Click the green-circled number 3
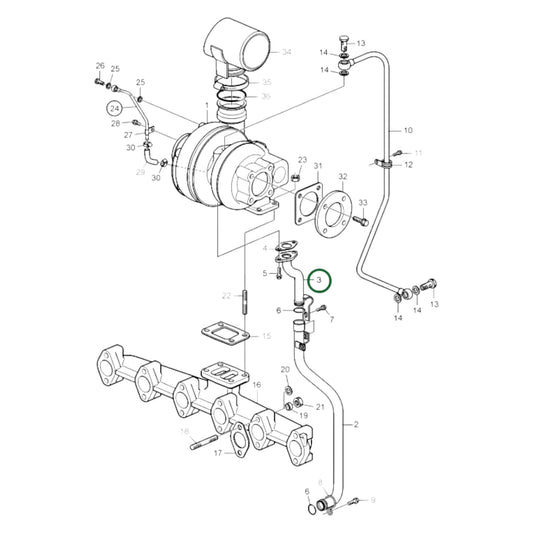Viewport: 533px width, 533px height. (x=319, y=281)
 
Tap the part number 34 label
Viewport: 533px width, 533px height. (x=286, y=51)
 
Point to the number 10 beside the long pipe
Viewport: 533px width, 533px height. (x=407, y=130)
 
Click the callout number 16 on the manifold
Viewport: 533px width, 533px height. (x=256, y=384)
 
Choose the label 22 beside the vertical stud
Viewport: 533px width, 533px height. (x=227, y=295)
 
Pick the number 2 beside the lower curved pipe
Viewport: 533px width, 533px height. (x=354, y=425)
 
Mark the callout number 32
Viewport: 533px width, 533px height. (x=343, y=176)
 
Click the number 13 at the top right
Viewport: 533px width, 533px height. (x=361, y=44)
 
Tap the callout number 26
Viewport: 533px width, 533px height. (x=100, y=66)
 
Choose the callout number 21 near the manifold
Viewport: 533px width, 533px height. (x=320, y=406)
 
